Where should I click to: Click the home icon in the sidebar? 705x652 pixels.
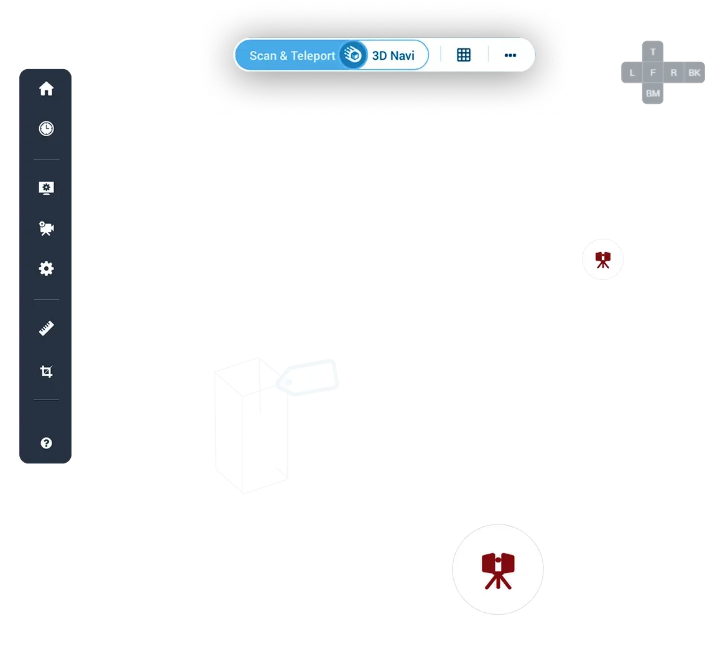point(46,89)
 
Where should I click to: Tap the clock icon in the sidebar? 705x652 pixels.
point(46,129)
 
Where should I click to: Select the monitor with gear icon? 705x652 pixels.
point(46,188)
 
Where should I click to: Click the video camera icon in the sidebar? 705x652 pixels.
point(46,228)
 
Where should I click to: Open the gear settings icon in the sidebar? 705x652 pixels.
point(46,269)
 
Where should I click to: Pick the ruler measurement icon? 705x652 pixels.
point(46,328)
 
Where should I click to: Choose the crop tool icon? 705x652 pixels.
point(46,372)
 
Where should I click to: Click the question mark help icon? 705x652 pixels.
point(46,443)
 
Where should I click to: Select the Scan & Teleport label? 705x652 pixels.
point(292,55)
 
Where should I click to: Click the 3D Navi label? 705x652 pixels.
point(393,55)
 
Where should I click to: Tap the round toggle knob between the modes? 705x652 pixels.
point(354,55)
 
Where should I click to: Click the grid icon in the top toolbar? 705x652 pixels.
point(464,55)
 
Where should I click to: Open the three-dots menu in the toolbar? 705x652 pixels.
point(510,55)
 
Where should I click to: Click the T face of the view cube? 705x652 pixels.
point(653,52)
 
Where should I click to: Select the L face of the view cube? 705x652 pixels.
point(632,73)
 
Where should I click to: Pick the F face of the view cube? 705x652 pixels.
point(653,73)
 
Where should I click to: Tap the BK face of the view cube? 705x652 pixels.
point(694,73)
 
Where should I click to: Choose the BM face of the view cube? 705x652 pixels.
point(653,93)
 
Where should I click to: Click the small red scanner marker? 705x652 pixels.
point(602,259)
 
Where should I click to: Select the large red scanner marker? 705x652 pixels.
point(498,569)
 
